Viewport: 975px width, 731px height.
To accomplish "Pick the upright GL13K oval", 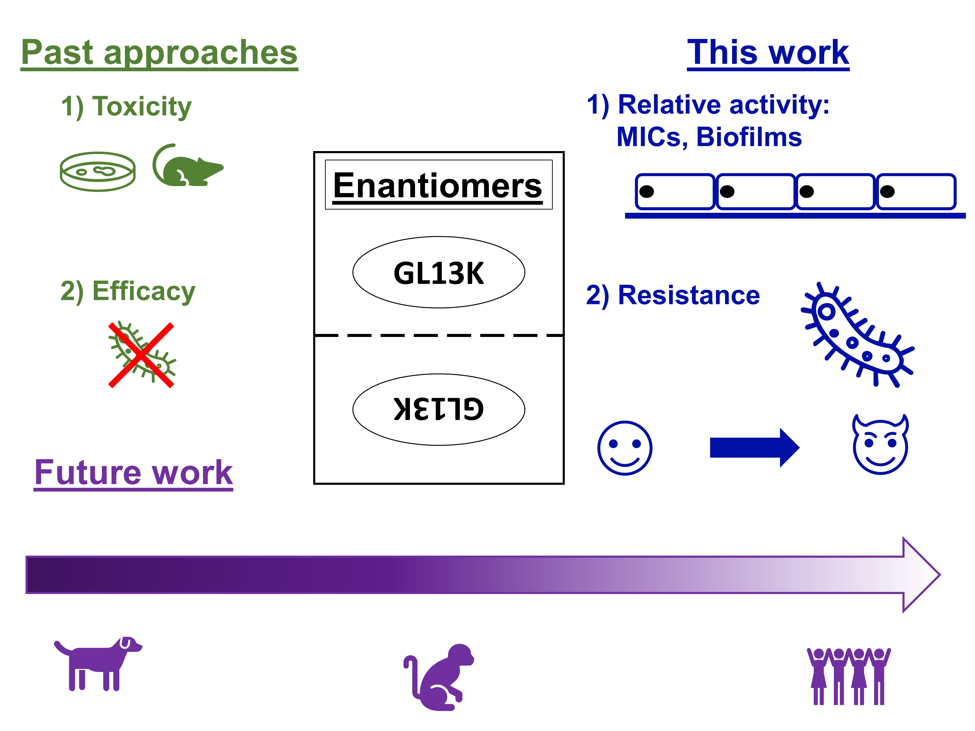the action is [x=439, y=272].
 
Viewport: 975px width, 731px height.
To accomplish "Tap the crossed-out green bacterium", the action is [x=141, y=355].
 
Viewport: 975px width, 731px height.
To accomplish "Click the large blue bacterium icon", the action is [x=857, y=335].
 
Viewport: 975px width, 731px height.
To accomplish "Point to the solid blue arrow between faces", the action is [x=755, y=448].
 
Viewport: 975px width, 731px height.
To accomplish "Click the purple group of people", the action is [x=848, y=676].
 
